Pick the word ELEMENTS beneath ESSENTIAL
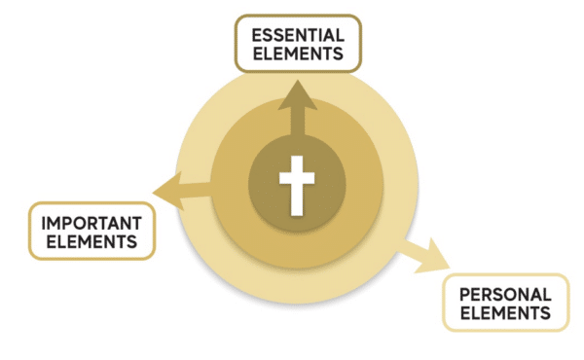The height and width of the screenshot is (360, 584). pos(297,54)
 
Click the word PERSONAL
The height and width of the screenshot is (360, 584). pos(505,295)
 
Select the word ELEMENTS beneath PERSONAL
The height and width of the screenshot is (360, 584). pos(505,313)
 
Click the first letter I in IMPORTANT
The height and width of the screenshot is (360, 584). pos(45,222)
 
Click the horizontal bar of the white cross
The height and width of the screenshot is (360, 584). pos(298,175)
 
